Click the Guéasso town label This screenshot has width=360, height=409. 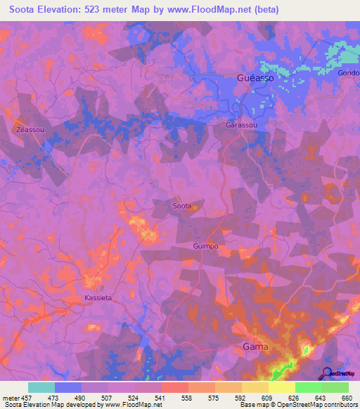257,79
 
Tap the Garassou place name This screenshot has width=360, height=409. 242,125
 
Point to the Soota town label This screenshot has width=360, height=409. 182,206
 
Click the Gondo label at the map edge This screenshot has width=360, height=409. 348,74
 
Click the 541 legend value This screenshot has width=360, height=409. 160,398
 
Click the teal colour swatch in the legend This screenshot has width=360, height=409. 41,387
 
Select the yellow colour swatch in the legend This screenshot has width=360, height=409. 281,387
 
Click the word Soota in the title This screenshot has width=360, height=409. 25,10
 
